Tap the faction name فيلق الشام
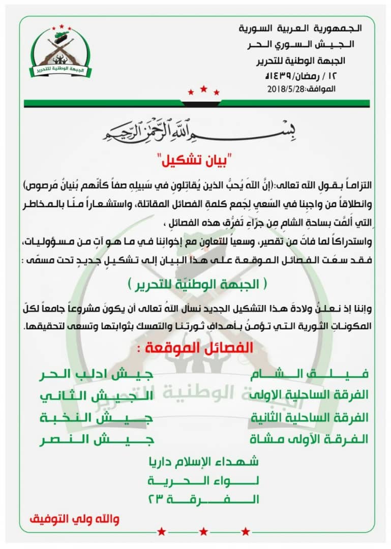310,374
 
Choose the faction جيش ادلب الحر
97,374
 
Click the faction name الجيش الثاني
97,395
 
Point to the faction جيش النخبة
97,417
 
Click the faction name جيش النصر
97,438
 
